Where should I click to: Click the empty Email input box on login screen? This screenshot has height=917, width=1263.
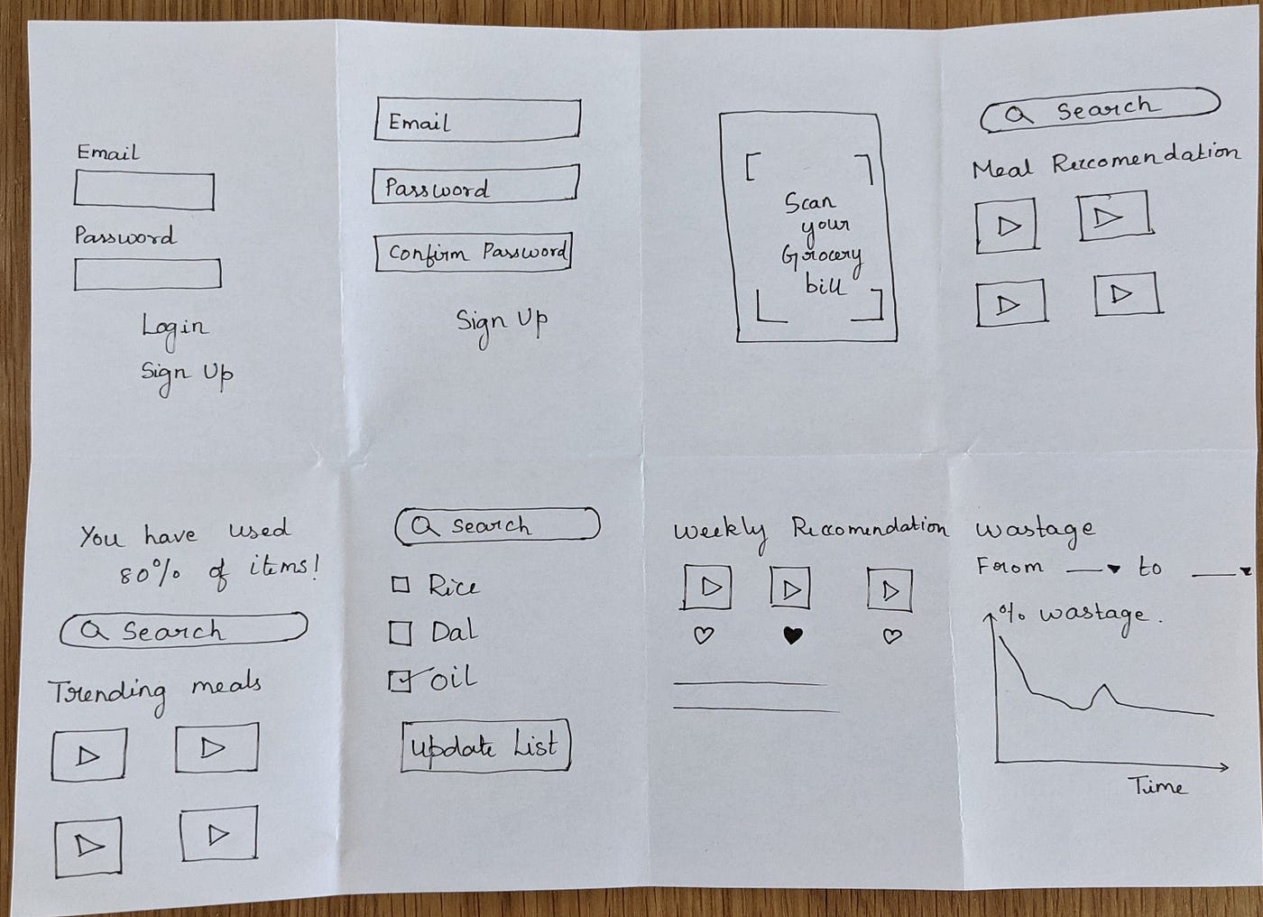click(144, 191)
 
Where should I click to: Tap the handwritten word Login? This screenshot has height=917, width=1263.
click(174, 327)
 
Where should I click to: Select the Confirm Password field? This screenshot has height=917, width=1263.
click(474, 252)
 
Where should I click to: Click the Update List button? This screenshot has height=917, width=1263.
click(485, 746)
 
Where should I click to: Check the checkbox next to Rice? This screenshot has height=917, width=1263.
click(401, 585)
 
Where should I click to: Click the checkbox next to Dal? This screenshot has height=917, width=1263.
click(401, 633)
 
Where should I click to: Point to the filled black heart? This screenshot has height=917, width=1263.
click(792, 635)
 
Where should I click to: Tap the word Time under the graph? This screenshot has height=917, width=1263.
click(1157, 787)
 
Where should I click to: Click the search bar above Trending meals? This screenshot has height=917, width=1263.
click(184, 630)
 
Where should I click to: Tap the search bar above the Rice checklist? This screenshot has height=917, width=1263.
click(497, 525)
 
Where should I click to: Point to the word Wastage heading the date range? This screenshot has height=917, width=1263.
click(1035, 531)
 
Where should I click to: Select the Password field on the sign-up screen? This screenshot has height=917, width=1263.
click(475, 186)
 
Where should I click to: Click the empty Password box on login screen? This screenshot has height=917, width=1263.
click(147, 274)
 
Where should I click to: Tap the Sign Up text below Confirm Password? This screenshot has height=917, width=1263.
click(502, 323)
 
